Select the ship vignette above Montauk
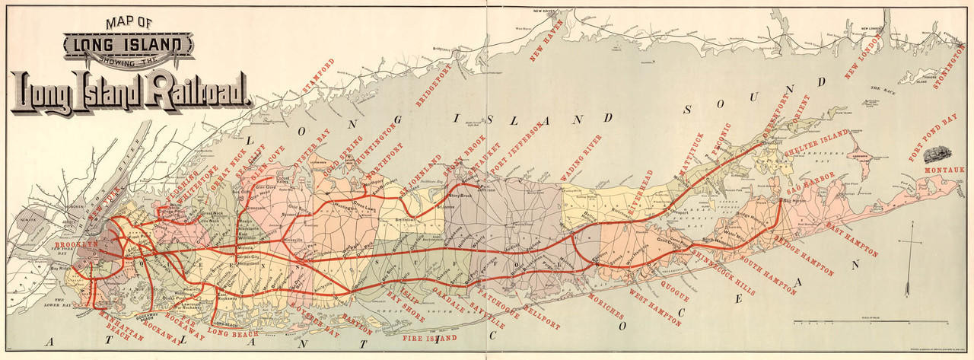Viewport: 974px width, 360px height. click(x=940, y=151)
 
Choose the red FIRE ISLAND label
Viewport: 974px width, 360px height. click(x=430, y=336)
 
